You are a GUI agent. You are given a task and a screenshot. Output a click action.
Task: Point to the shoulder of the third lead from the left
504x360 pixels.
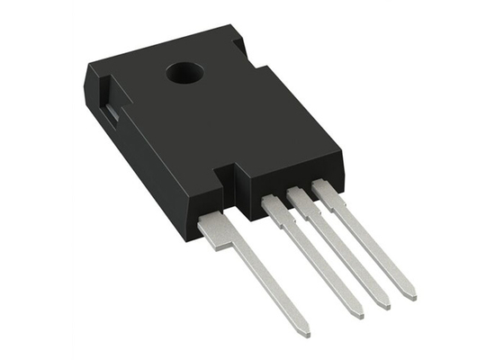(300, 198)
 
